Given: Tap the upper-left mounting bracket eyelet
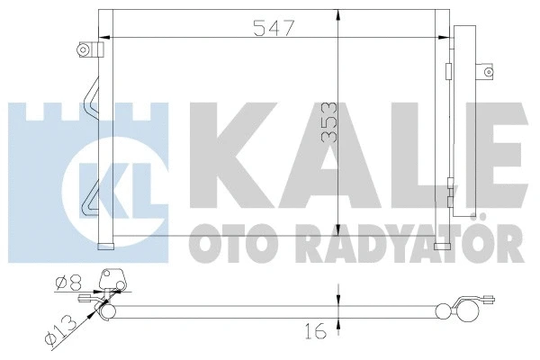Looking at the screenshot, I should pos(85,49).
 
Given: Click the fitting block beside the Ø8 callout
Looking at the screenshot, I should pos(112,283).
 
